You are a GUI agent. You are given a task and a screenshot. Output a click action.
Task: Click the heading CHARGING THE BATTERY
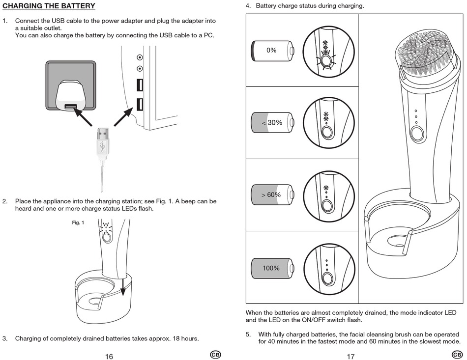[49, 6]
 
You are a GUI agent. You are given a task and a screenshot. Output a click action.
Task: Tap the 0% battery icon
[272, 50]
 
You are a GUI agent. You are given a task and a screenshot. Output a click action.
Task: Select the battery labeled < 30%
[272, 122]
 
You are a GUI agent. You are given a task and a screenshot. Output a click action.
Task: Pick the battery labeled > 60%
[272, 194]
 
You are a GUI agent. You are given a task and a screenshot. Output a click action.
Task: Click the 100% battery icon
[272, 268]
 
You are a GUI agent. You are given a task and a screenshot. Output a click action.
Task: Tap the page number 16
[109, 356]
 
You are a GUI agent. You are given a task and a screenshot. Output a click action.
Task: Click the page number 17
[350, 356]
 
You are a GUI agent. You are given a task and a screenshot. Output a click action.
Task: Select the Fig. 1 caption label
[78, 222]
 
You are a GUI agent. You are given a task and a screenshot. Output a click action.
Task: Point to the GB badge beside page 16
[215, 355]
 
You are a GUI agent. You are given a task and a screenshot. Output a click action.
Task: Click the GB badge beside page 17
[457, 355]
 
